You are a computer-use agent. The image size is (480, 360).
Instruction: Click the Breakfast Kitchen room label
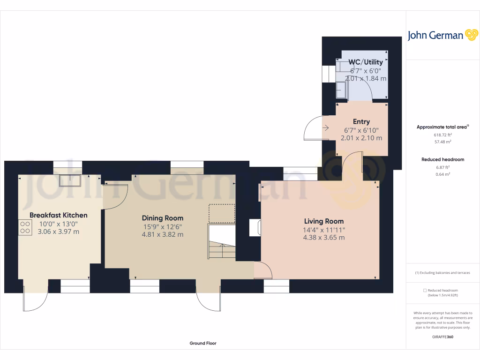(59, 215)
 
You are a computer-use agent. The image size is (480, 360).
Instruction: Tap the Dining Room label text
(163, 218)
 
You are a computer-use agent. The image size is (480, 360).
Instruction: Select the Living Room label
(324, 221)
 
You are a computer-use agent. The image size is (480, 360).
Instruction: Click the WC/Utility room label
(366, 62)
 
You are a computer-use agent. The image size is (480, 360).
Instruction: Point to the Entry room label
(361, 122)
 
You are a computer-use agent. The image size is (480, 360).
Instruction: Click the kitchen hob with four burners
(23, 227)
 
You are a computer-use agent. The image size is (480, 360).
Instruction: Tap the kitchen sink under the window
(69, 179)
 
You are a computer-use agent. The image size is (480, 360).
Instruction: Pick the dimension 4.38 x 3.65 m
(324, 238)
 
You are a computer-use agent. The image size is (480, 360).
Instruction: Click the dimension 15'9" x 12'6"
(163, 226)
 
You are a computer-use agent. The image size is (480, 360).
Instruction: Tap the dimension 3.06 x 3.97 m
(59, 232)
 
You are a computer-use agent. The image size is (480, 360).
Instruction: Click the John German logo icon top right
(471, 35)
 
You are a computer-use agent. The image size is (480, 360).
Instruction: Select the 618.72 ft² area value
(442, 135)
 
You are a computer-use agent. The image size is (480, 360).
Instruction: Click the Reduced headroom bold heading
(442, 159)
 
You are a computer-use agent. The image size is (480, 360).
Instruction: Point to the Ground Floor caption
(203, 343)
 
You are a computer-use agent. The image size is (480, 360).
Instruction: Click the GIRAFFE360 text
(442, 337)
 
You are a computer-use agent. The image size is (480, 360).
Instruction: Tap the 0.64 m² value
(442, 174)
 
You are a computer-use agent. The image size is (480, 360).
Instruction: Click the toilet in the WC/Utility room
(341, 89)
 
